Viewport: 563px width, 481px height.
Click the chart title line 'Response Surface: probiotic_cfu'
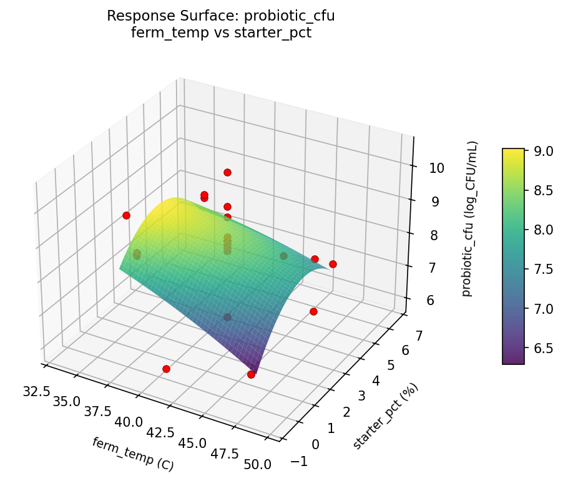(220, 16)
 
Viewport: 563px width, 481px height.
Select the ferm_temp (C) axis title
(132, 454)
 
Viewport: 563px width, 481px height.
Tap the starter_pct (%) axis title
(385, 416)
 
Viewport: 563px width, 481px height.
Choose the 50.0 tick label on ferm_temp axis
(257, 464)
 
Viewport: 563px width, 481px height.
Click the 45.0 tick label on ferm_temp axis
(192, 443)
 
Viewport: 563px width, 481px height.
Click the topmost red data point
(227, 172)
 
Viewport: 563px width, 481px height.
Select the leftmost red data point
(126, 215)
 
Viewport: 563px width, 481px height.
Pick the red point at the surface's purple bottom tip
(251, 374)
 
